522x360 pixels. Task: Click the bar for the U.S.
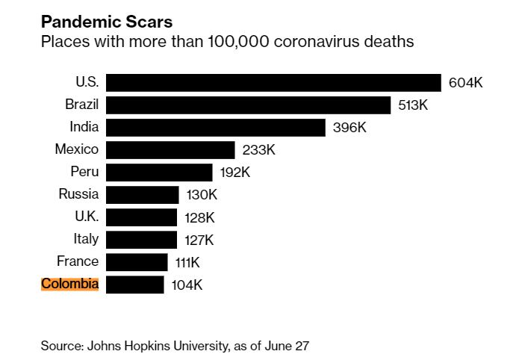[273, 82]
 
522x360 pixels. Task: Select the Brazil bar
[248, 105]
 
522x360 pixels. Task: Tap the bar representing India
[215, 127]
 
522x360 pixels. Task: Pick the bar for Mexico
[170, 149]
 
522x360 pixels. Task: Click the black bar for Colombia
[134, 285]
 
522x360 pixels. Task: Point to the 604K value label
[465, 83]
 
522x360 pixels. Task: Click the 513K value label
[413, 105]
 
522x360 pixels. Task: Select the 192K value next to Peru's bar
[234, 173]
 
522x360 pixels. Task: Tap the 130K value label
[202, 195]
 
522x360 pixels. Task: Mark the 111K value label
[187, 262]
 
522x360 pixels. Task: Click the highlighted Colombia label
[69, 284]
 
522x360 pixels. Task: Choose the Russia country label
[78, 194]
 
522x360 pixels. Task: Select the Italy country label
[85, 239]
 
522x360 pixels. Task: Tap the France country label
[78, 261]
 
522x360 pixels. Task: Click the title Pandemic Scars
[106, 22]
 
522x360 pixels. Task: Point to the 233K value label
[259, 150]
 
